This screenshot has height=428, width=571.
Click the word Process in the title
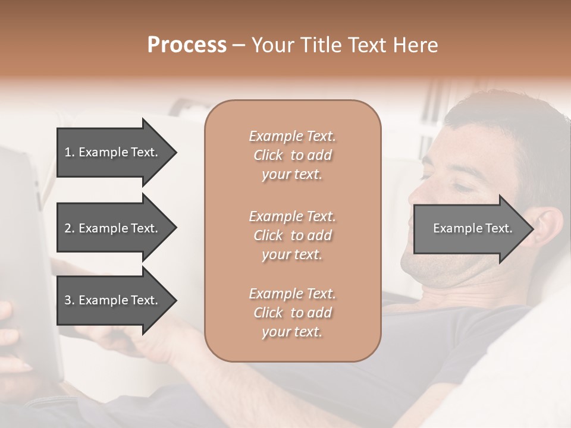[x=187, y=45]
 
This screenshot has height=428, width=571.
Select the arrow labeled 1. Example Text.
[x=113, y=152]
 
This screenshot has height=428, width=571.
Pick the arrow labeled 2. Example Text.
[x=113, y=228]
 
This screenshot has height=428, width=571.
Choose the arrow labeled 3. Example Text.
[x=113, y=300]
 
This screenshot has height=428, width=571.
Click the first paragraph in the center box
[x=292, y=155]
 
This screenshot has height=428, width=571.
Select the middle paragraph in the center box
[x=292, y=235]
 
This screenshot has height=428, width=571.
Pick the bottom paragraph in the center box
[x=292, y=313]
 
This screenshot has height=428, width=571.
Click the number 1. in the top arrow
[x=70, y=152]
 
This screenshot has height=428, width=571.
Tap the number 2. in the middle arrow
[x=70, y=228]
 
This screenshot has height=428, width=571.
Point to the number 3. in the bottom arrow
[x=70, y=300]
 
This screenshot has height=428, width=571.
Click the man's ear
[x=547, y=229]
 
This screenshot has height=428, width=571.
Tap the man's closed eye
[x=461, y=187]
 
